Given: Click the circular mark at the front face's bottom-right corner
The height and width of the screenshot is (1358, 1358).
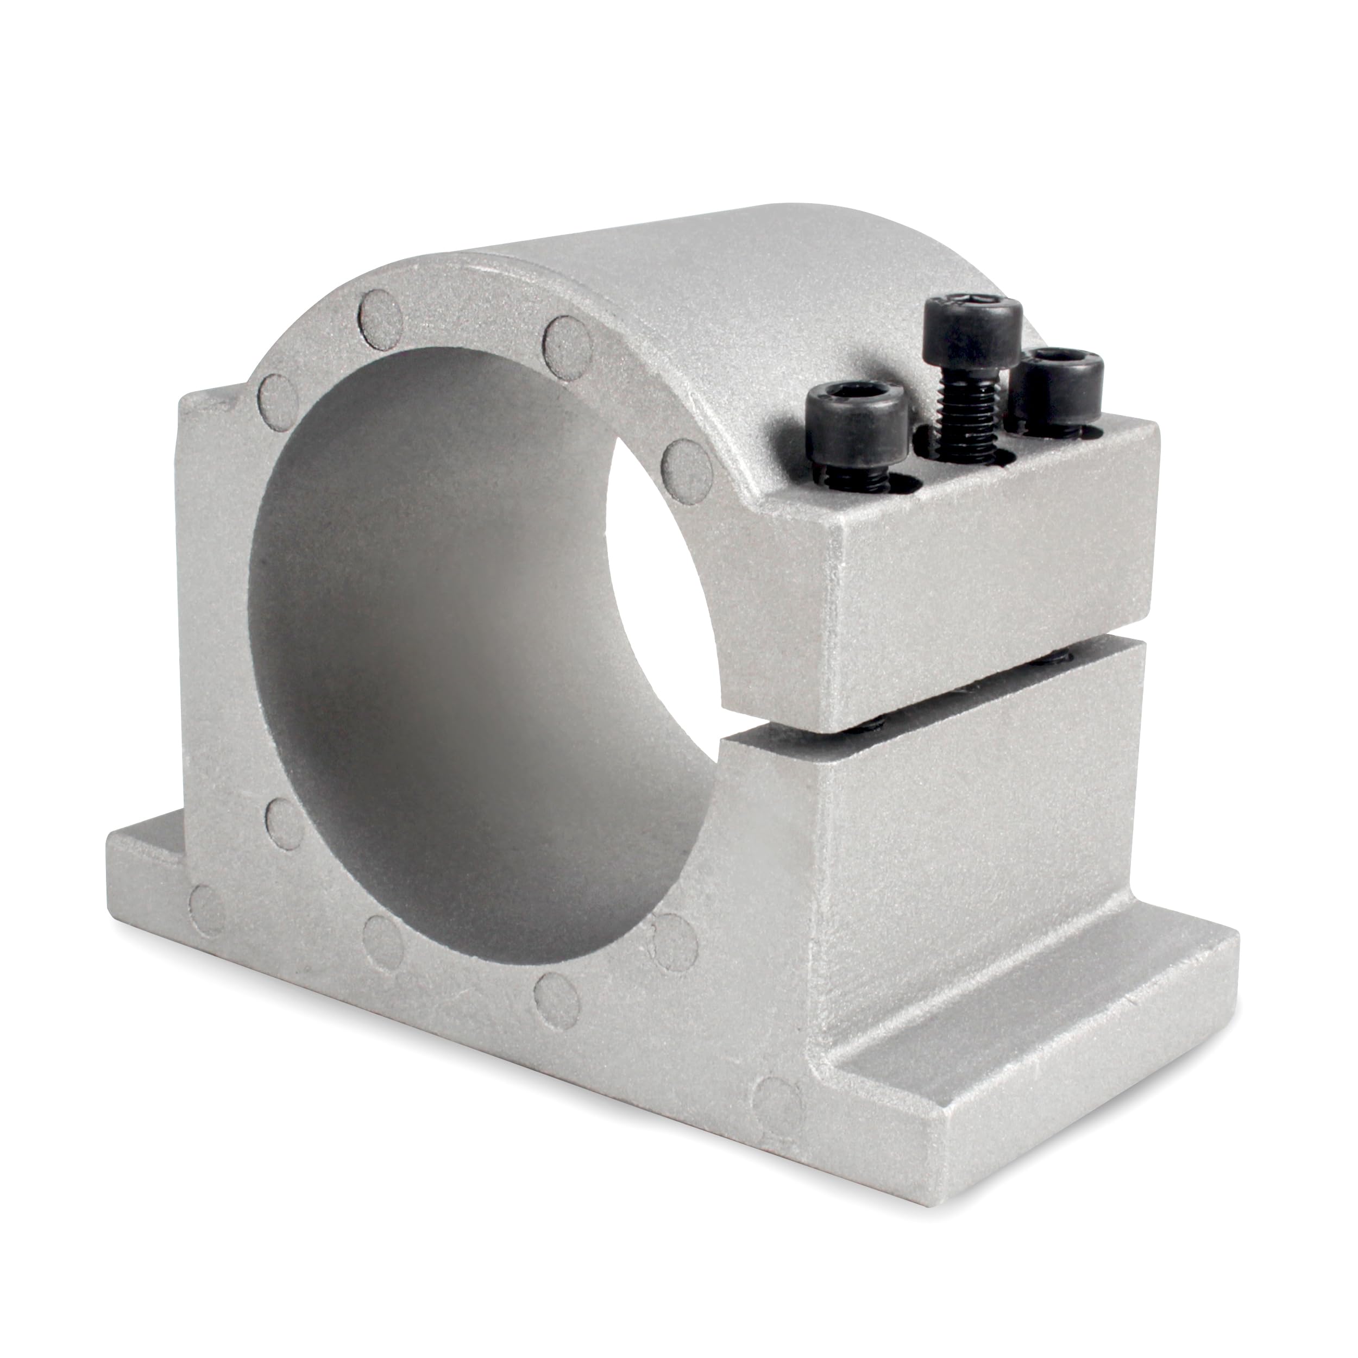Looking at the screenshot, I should click(772, 1117).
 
